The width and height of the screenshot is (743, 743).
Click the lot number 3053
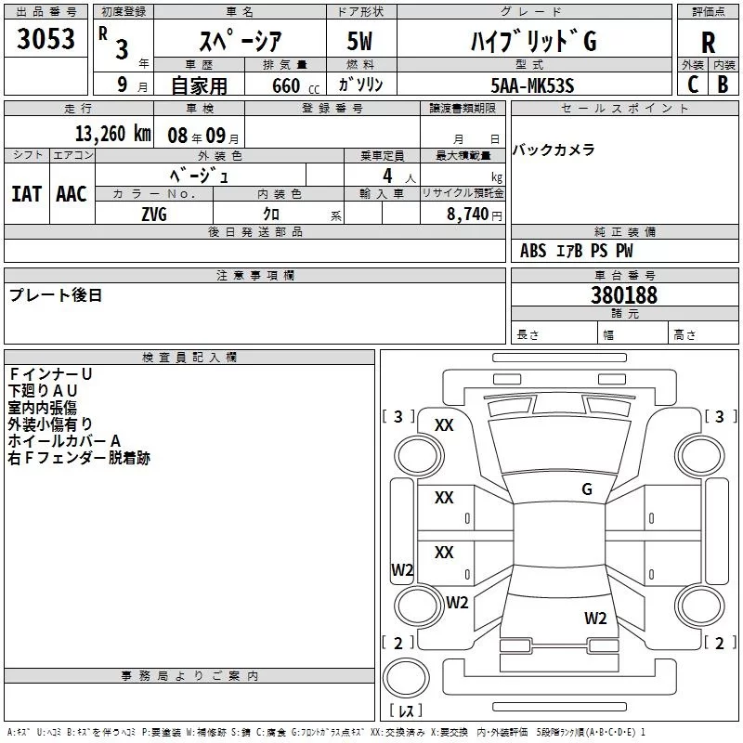point(46,40)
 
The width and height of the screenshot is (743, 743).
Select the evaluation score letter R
point(709,42)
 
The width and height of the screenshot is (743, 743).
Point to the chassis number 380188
point(624,295)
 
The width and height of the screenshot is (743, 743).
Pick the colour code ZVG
point(154,213)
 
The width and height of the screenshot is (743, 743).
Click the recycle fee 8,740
point(468,214)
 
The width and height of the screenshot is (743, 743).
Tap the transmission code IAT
point(26,193)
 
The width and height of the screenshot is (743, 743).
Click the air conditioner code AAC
point(71,193)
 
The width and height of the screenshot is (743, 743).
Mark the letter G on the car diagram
point(586,489)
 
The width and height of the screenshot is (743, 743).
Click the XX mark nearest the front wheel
point(444,425)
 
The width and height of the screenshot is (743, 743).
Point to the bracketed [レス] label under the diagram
point(407,711)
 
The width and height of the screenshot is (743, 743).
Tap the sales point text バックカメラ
point(554,150)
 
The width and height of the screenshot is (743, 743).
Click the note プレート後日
point(55,295)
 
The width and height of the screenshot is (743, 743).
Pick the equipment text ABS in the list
point(533,251)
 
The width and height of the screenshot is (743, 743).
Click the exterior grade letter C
point(693,85)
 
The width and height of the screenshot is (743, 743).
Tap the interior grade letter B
point(723,85)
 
